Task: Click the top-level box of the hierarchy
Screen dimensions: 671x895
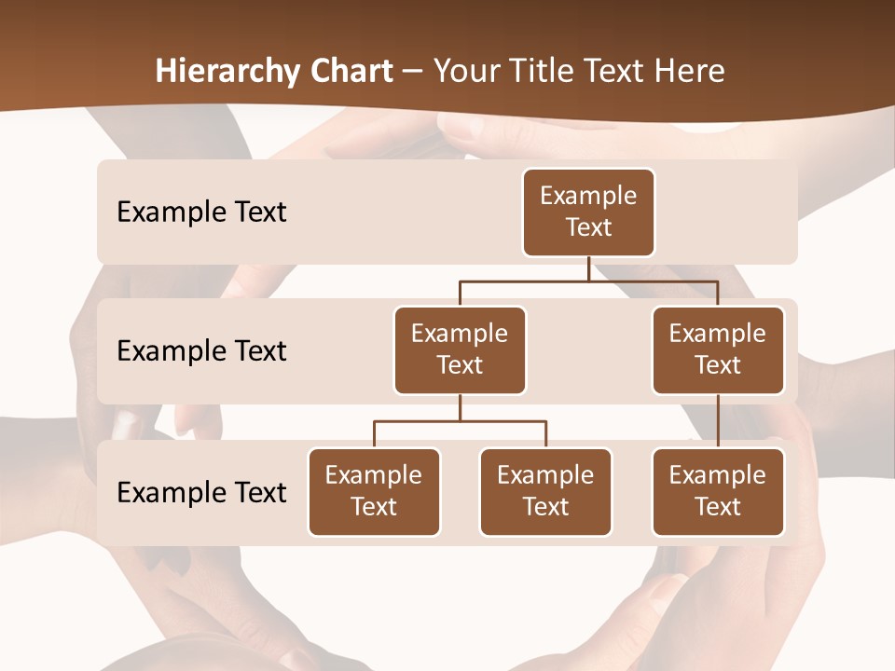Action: pyautogui.click(x=588, y=212)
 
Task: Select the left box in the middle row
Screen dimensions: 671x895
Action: pyautogui.click(x=460, y=349)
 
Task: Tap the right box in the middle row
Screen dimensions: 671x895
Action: pyautogui.click(x=718, y=349)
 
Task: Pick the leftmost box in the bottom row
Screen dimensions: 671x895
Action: pyautogui.click(x=374, y=491)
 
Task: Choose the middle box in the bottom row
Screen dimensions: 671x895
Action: pyautogui.click(x=545, y=491)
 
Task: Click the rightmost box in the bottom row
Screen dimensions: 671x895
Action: pyautogui.click(x=718, y=491)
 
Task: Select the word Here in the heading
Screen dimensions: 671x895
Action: pyautogui.click(x=691, y=72)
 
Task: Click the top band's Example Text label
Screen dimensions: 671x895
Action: pyautogui.click(x=201, y=212)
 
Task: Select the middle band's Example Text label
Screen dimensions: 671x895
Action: pyautogui.click(x=201, y=350)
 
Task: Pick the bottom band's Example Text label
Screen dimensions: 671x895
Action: pyautogui.click(x=201, y=492)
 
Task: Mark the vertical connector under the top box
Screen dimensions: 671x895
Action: pyautogui.click(x=588, y=268)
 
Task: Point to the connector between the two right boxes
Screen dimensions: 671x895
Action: pyautogui.click(x=718, y=420)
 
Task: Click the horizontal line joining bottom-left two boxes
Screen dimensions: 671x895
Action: pyautogui.click(x=460, y=421)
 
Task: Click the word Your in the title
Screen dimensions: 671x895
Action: pyautogui.click(x=466, y=72)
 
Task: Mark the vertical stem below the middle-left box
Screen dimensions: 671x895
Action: pyautogui.click(x=460, y=408)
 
